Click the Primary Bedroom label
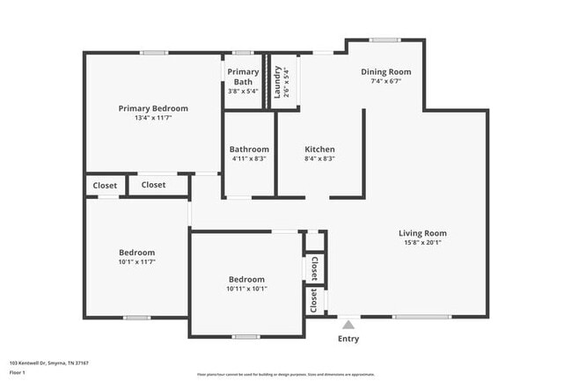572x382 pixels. [153, 108]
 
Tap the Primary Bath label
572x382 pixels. [243, 77]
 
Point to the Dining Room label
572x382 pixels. [385, 71]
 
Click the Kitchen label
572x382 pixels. [319, 149]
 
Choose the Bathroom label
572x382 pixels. [248, 149]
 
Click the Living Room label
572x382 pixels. [422, 232]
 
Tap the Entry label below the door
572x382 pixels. [348, 339]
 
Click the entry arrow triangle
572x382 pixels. [348, 323]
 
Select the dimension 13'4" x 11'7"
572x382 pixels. [153, 118]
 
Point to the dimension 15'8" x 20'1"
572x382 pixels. [422, 242]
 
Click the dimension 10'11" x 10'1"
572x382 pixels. [246, 289]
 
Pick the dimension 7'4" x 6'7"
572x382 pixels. [385, 81]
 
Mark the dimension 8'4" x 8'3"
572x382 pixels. [319, 158]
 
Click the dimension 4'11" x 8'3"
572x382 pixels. [248, 158]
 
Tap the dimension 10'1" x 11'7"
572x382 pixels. [136, 261]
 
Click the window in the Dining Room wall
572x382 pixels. [384, 40]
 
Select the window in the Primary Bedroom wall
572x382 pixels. [154, 53]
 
